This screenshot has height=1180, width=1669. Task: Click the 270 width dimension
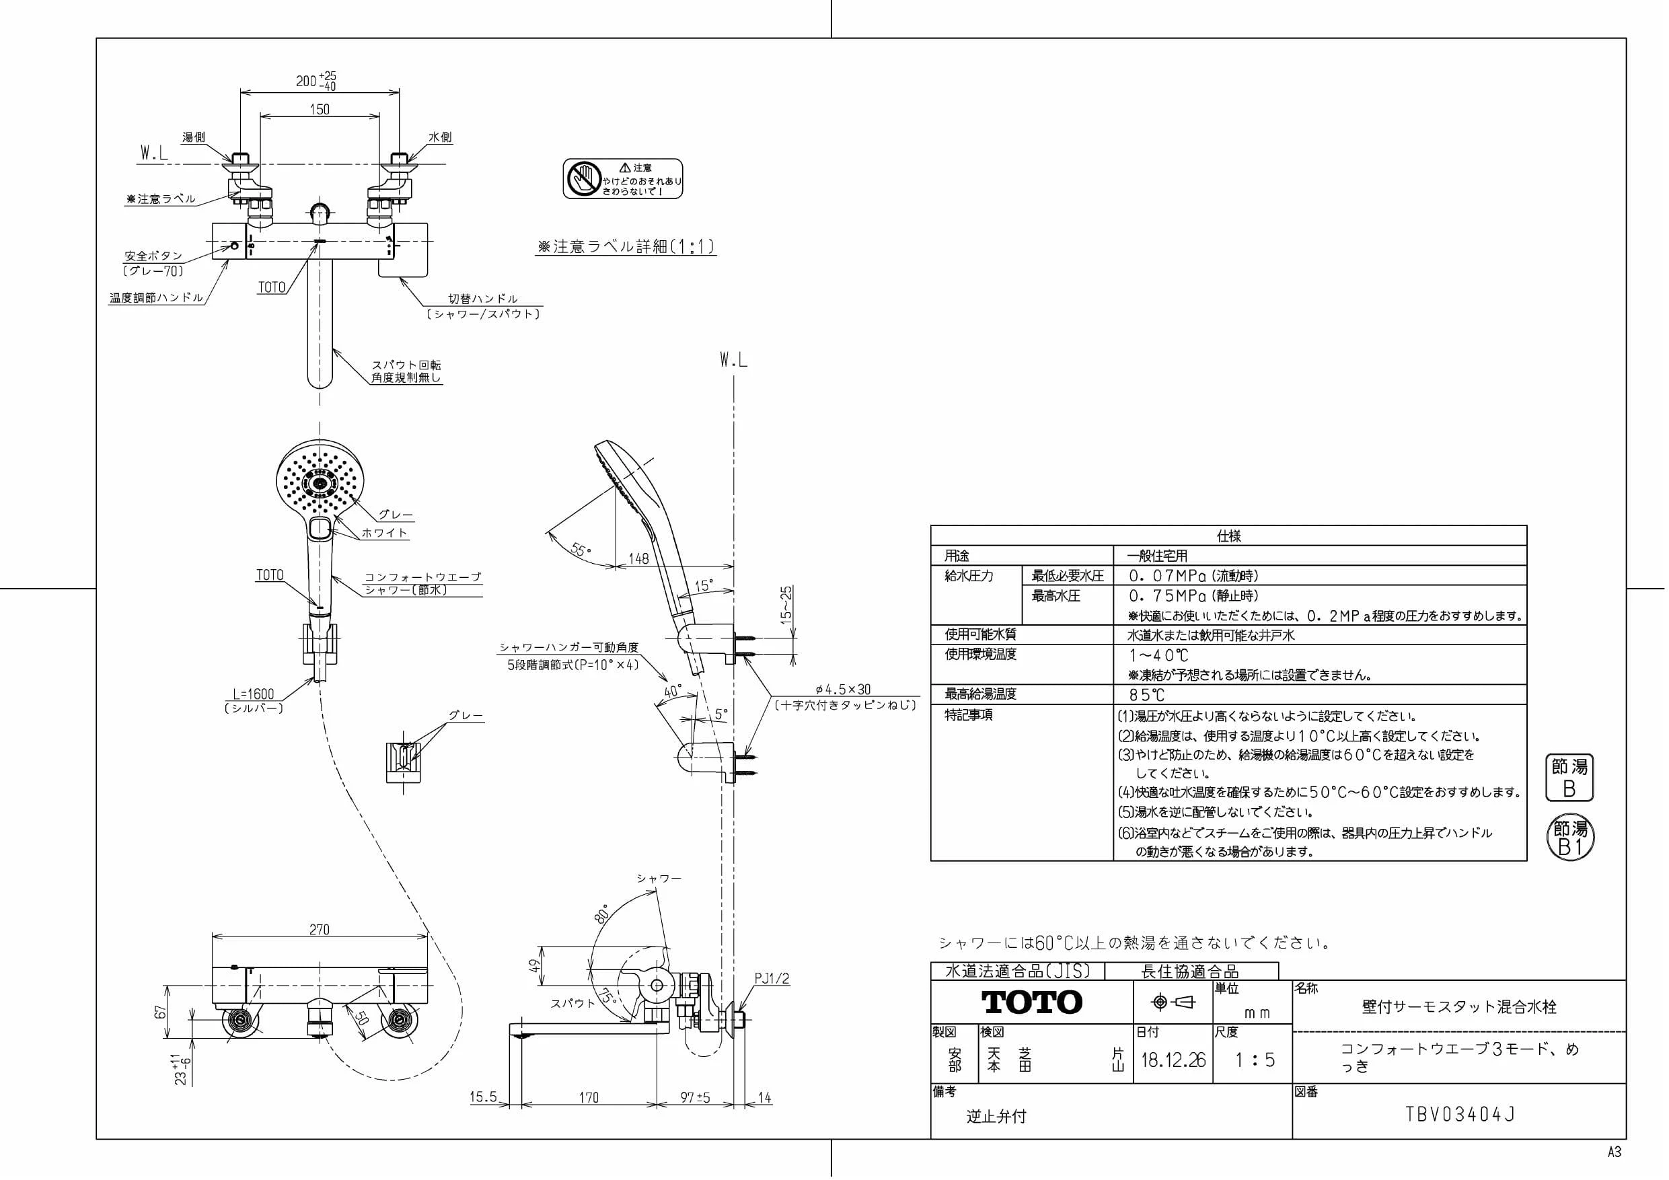click(x=319, y=929)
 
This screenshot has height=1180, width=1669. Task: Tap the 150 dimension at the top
click(x=319, y=109)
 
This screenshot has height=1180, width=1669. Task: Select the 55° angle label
click(x=581, y=549)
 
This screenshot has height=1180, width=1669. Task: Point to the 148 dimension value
click(x=638, y=558)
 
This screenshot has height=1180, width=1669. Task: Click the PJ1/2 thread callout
click(x=771, y=979)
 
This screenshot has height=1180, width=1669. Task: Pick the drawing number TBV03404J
click(x=1460, y=1115)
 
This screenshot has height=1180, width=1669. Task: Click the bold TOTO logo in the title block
click(x=1031, y=1002)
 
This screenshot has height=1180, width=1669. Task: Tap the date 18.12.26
click(x=1173, y=1060)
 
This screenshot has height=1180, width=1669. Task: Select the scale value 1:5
click(x=1255, y=1060)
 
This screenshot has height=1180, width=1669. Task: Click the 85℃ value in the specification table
click(x=1146, y=694)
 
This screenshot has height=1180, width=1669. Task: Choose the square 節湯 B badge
click(x=1569, y=777)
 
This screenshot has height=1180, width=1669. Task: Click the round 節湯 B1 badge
click(x=1570, y=838)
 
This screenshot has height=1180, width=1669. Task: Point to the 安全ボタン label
click(x=153, y=256)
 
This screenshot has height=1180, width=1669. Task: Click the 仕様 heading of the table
click(x=1228, y=536)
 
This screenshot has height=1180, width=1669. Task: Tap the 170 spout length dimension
click(x=589, y=1097)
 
